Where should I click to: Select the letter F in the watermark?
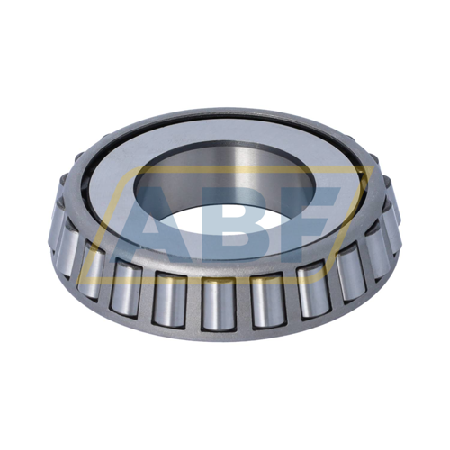point(310,221)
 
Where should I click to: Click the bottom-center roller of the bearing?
point(219,302)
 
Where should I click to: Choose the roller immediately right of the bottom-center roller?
point(268,299)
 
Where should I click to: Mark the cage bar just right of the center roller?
point(244,302)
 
